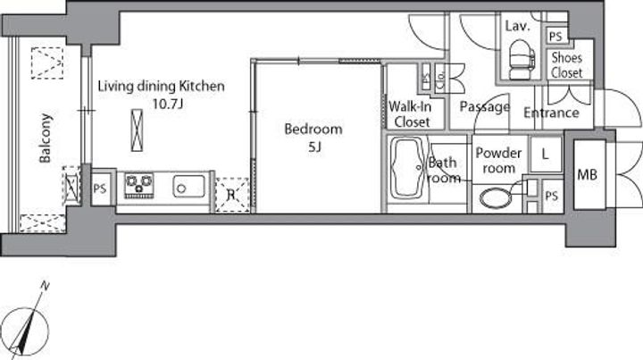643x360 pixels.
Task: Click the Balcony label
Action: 46,138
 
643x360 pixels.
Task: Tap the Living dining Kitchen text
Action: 161,87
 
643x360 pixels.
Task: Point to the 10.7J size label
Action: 167,104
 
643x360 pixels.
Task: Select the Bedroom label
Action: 313,130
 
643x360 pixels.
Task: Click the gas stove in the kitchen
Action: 139,185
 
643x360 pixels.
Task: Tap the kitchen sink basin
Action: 188,187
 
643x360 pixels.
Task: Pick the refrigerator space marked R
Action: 232,195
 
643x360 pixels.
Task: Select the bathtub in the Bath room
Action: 408,169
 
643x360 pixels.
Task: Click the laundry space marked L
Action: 546,155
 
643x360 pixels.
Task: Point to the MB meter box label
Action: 588,175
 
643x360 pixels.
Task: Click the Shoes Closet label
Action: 567,65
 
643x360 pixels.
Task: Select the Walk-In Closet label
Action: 411,114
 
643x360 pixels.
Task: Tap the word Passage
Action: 485,107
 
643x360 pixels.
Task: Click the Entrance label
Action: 551,113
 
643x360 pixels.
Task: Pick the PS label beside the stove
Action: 100,188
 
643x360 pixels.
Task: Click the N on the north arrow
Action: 45,286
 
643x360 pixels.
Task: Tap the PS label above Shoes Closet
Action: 555,37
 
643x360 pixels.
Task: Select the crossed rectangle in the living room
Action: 137,130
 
